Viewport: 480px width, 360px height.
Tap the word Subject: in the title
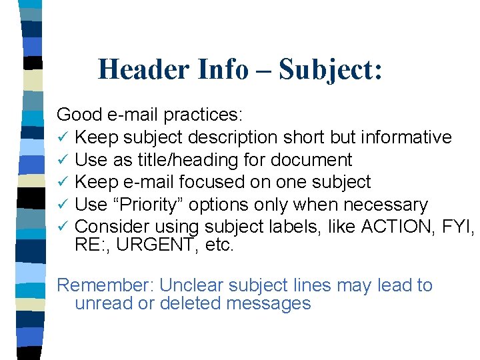(x=331, y=69)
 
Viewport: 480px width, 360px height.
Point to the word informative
(x=406, y=137)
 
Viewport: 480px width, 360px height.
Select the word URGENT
(x=153, y=245)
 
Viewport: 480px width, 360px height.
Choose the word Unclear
(x=192, y=285)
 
